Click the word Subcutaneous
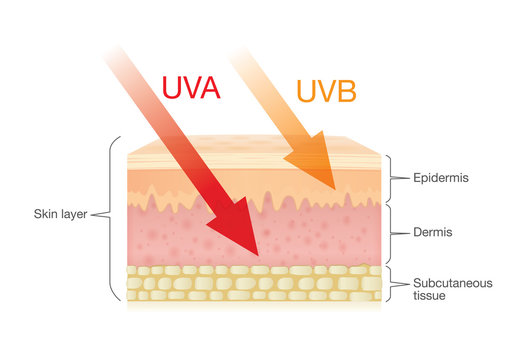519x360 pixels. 452,283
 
